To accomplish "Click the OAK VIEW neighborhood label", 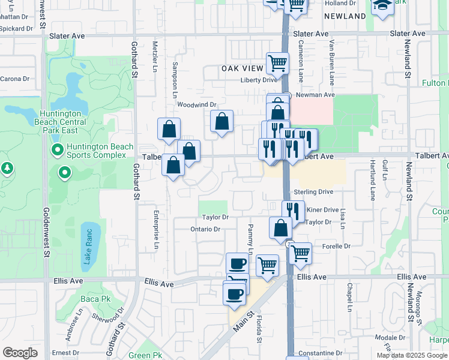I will pos(243,69).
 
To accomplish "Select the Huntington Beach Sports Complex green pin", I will pos(58,149).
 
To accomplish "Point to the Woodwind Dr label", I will pos(196,104).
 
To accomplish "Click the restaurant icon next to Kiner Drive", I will pos(293,211).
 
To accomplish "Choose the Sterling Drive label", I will pos(313,192).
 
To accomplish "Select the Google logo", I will pos(20,353).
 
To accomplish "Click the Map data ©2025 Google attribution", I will pos(411,355).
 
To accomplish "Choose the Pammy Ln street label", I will pos(250,239).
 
